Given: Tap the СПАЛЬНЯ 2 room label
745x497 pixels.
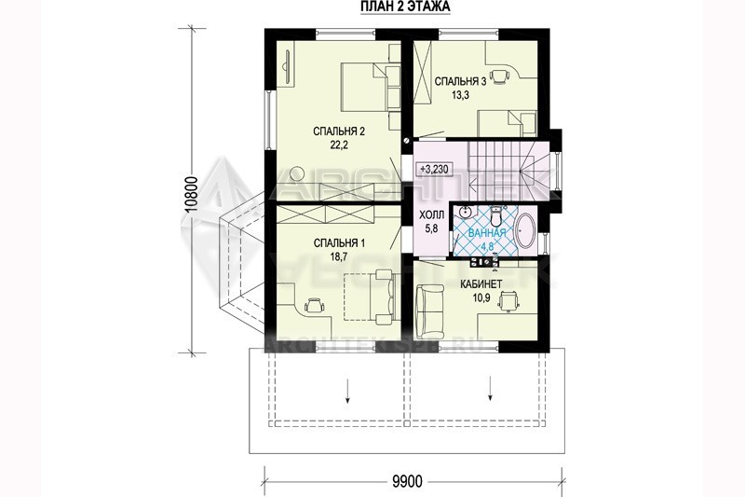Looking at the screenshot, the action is click(339, 131).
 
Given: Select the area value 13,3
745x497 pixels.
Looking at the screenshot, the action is click(460, 95).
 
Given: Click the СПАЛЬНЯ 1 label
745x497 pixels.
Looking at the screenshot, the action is click(339, 243).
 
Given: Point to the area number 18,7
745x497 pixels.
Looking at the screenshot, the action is click(339, 256).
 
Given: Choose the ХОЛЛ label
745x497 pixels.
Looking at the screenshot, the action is click(431, 215).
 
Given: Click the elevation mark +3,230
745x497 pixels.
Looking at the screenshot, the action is click(434, 169).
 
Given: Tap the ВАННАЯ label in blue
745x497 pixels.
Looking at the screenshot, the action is click(486, 233).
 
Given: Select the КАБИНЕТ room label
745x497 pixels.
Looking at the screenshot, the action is click(481, 284).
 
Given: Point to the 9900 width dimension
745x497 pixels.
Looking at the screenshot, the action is click(407, 482).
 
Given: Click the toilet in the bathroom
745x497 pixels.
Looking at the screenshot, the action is click(496, 216).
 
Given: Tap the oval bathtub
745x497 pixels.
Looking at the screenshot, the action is click(525, 231).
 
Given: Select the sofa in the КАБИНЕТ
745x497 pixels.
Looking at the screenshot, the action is click(429, 311).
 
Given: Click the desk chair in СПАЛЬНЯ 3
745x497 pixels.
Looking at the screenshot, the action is click(499, 76).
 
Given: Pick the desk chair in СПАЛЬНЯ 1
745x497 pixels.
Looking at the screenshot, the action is click(314, 304).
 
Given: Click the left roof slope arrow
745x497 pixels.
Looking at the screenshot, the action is click(348, 391).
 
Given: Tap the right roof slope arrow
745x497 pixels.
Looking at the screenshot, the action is click(490, 388).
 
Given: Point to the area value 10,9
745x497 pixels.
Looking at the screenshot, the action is click(481, 297).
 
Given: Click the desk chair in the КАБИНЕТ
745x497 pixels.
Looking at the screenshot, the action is click(508, 301).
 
